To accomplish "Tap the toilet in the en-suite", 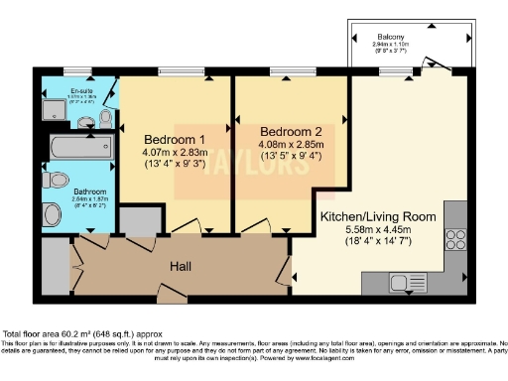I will tap(105, 118).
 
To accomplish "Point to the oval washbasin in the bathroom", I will tap(52, 211).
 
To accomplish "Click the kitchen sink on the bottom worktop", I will tap(408, 281).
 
